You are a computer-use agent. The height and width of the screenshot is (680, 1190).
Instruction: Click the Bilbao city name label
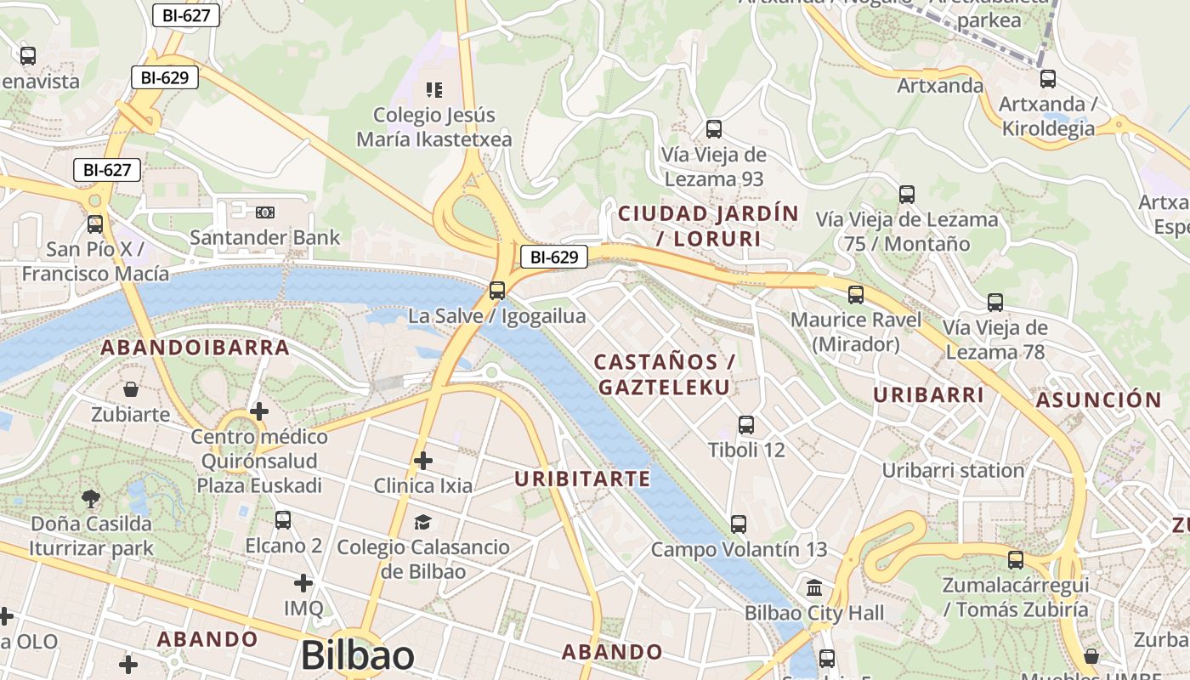pos(357,655)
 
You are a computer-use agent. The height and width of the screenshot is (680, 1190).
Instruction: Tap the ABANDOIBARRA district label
pos(195,348)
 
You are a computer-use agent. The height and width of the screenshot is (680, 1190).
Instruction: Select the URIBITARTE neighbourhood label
pos(582,479)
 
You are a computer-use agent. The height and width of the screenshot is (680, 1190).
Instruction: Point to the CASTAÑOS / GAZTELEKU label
pos(664,375)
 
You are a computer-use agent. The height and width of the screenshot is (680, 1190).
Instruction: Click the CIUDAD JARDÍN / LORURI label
pos(709,226)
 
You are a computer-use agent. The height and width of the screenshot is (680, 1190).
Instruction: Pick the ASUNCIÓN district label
pos(1098,400)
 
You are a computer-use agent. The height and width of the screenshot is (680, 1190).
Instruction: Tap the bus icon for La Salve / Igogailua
pos(497,291)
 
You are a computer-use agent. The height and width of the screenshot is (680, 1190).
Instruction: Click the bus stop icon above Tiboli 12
pos(746,424)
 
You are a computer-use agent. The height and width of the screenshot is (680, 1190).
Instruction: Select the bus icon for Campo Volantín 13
pos(739,524)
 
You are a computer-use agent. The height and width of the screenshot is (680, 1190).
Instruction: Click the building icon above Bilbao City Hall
pos(814,587)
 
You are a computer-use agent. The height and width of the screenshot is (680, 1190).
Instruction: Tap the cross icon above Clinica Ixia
pos(423,461)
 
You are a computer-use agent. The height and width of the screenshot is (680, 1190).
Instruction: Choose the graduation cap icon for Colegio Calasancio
pos(423,521)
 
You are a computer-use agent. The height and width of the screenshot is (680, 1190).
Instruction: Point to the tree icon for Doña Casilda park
pos(91,498)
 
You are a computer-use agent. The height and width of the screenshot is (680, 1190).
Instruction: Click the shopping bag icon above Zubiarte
pos(131,389)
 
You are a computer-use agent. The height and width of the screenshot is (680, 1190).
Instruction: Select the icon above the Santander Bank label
pos(265,212)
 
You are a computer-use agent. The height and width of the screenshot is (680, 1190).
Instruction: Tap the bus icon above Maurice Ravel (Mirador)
pos(856,295)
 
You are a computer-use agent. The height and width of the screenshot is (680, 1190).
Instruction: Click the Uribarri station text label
pos(953,471)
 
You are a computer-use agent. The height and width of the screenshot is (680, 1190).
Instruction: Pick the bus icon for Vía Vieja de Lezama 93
pos(714,129)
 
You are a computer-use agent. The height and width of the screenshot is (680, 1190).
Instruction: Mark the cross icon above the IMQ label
pos(303,583)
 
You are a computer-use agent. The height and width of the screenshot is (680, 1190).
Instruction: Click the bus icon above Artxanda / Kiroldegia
pos(1048,79)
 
